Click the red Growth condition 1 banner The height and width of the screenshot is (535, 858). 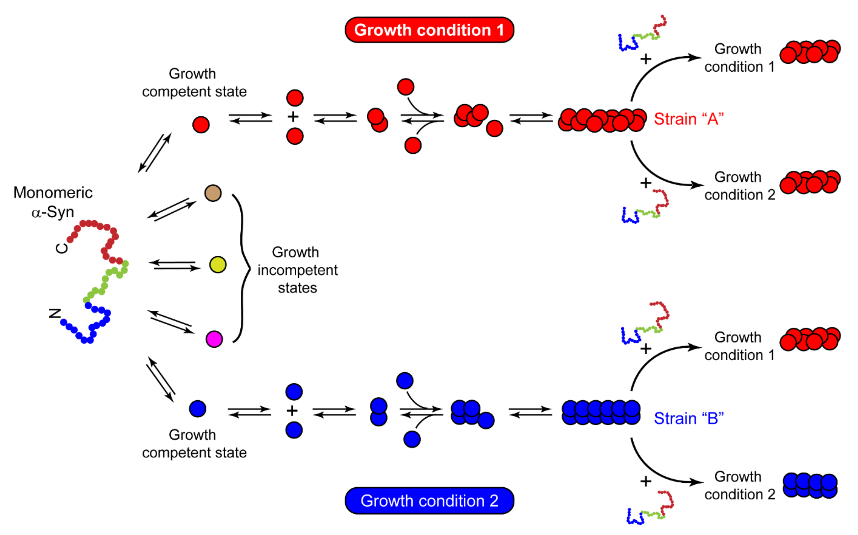pos(429,30)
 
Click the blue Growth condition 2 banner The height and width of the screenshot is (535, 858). pos(429,501)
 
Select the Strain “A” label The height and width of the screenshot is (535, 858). pos(688,119)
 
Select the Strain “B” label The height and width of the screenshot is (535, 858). pos(688,418)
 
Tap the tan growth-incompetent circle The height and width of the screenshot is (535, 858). pos(213,193)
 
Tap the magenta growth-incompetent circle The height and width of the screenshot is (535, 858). pos(214,339)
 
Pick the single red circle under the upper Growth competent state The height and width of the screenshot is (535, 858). pos(201,125)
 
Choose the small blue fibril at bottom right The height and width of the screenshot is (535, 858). pos(810,486)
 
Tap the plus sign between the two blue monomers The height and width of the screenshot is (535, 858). pos(292,411)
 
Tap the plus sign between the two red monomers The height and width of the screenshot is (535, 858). pos(293,117)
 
